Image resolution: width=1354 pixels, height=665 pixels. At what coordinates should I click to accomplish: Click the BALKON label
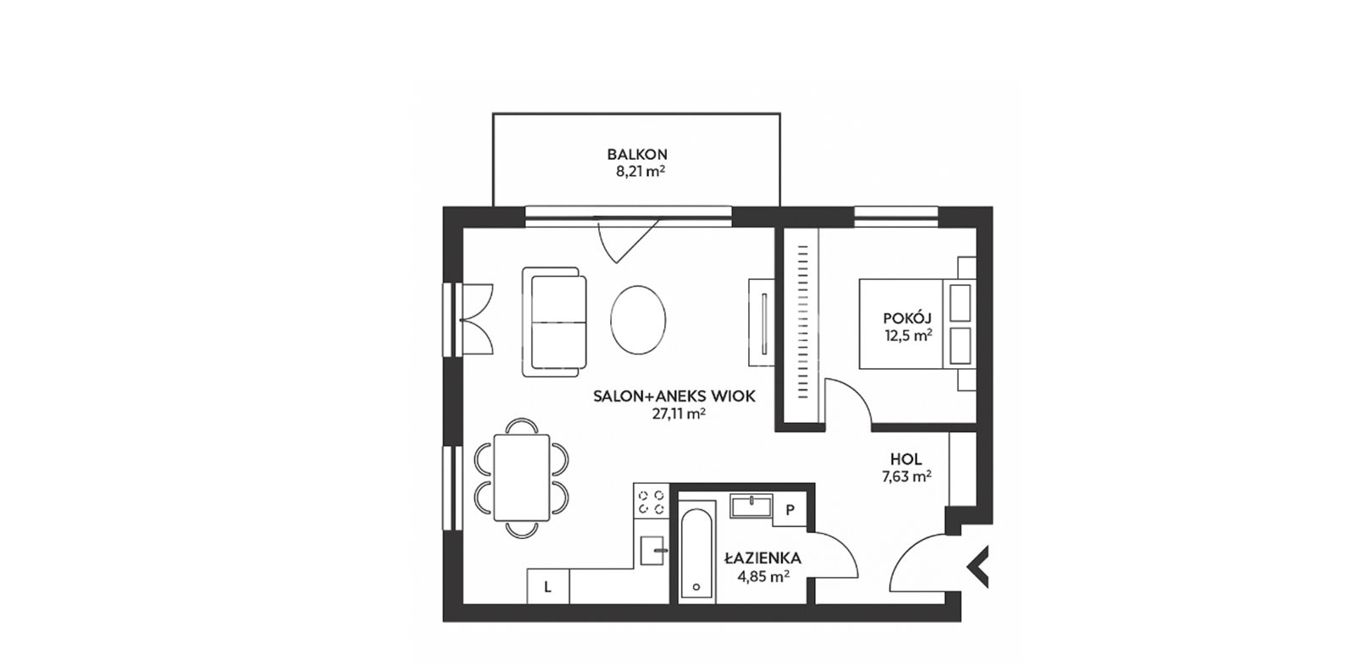(x=637, y=155)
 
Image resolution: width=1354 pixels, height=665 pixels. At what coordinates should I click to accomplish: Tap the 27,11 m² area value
(x=679, y=414)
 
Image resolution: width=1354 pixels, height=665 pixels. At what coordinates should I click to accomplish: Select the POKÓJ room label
(x=907, y=318)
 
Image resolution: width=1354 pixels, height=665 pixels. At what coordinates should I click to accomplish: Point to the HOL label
(x=906, y=459)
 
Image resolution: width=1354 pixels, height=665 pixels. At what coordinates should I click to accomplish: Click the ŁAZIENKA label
(x=762, y=558)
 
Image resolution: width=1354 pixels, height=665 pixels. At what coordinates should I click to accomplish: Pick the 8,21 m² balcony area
(x=641, y=171)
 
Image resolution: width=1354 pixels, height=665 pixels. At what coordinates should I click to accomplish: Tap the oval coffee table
(x=638, y=320)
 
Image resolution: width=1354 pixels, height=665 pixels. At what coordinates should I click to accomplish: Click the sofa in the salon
(x=554, y=322)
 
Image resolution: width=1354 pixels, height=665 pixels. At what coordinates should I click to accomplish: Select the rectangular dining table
(x=521, y=477)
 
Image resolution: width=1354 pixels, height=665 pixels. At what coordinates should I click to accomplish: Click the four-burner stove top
(x=652, y=501)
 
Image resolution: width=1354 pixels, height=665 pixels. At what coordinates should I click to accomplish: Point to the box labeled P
(x=790, y=510)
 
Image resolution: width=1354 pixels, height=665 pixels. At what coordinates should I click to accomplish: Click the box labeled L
(x=548, y=585)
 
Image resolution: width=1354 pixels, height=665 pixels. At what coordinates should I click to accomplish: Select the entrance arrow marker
(x=978, y=567)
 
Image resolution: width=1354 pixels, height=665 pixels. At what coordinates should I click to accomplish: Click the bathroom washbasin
(x=751, y=506)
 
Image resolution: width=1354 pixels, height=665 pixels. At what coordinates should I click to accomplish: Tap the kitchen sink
(x=652, y=550)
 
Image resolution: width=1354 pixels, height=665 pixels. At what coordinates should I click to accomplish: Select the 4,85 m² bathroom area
(x=763, y=576)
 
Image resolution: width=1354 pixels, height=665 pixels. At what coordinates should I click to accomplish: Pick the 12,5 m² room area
(x=908, y=336)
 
